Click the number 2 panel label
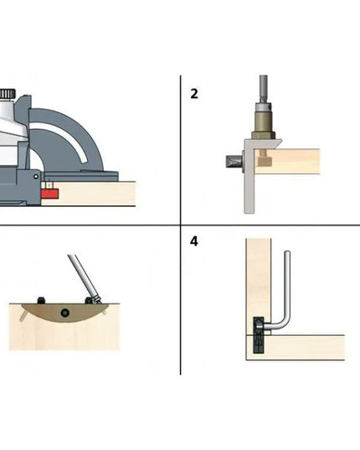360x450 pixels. click(194, 94)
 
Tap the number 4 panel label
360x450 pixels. click(194, 241)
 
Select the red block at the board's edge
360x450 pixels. click(49, 194)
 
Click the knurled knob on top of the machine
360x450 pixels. click(8, 94)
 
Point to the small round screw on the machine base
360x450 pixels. click(36, 177)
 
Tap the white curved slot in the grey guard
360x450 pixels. click(63, 137)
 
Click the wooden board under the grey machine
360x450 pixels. click(89, 194)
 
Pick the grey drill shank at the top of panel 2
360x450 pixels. click(264, 89)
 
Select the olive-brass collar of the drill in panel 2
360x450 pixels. click(264, 122)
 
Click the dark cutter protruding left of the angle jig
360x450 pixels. click(234, 162)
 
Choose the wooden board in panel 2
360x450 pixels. click(287, 161)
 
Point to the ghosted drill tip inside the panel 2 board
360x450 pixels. click(265, 159)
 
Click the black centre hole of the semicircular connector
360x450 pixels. click(65, 313)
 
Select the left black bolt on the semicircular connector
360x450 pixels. click(42, 301)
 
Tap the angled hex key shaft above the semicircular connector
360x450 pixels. click(83, 277)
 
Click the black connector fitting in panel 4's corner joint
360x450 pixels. click(259, 335)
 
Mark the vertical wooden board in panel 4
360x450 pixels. click(259, 287)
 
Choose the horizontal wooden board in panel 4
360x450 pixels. click(296, 348)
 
